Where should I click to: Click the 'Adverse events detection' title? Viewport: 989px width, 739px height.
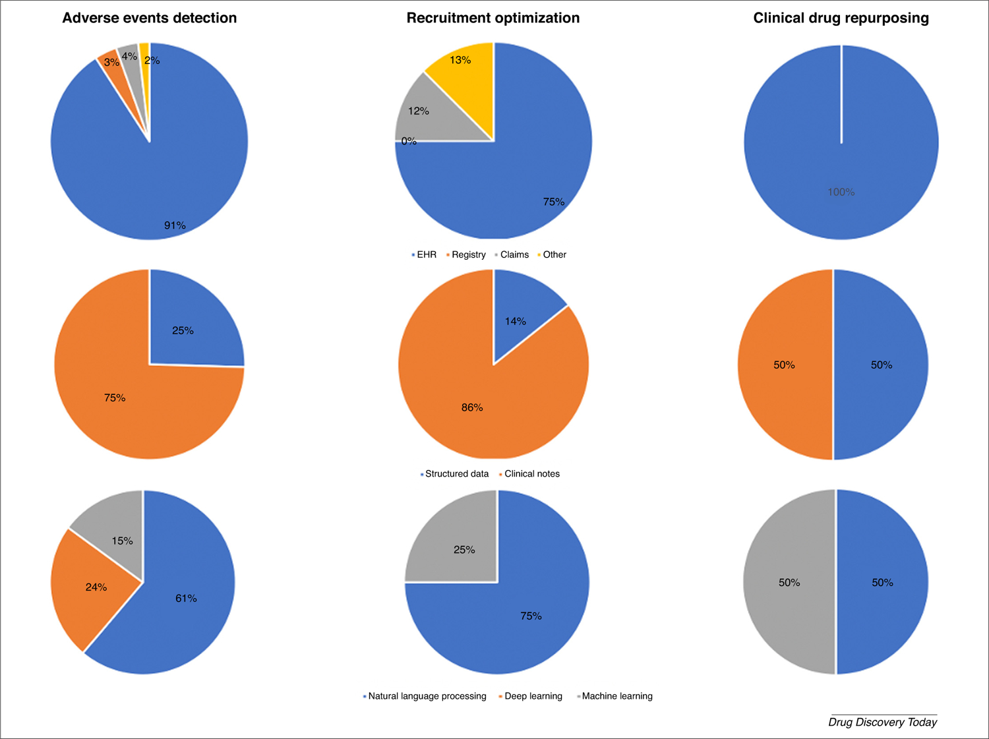click(x=149, y=18)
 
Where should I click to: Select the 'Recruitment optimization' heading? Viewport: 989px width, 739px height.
click(x=493, y=18)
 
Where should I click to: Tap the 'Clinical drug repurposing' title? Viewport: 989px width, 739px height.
click(x=841, y=18)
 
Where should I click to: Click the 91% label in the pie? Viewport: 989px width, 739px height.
click(x=175, y=225)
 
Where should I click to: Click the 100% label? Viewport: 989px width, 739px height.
click(x=841, y=192)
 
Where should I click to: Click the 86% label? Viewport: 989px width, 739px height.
click(x=472, y=407)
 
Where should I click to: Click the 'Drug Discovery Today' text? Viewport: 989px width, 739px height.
click(x=882, y=722)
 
